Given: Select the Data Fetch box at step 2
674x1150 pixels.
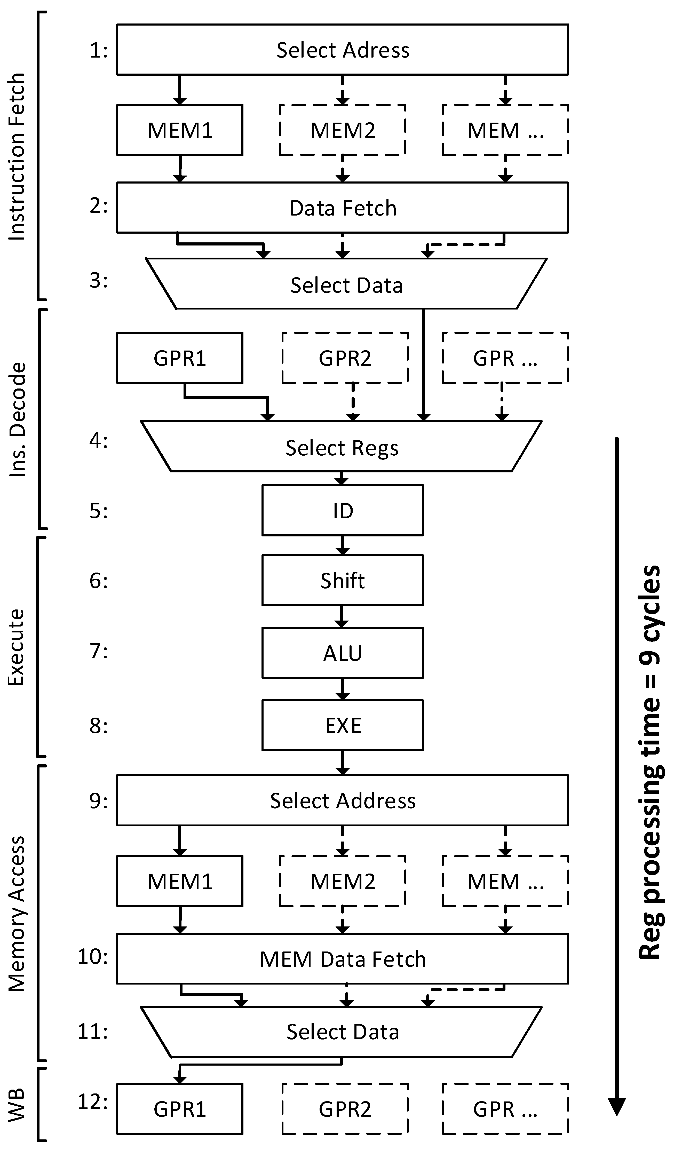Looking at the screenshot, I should coord(342,208).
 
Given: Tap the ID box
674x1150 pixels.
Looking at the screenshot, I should coord(342,510).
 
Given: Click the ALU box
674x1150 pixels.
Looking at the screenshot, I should coord(342,653).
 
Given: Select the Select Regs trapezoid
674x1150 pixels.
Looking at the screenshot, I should coord(341,447).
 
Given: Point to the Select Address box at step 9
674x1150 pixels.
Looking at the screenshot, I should coord(342,800).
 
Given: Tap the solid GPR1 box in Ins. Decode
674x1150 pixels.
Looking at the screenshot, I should coord(180,358).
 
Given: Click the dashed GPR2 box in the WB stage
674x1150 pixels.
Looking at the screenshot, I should coord(345,1109).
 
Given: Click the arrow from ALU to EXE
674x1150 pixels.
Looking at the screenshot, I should coord(342,689).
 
